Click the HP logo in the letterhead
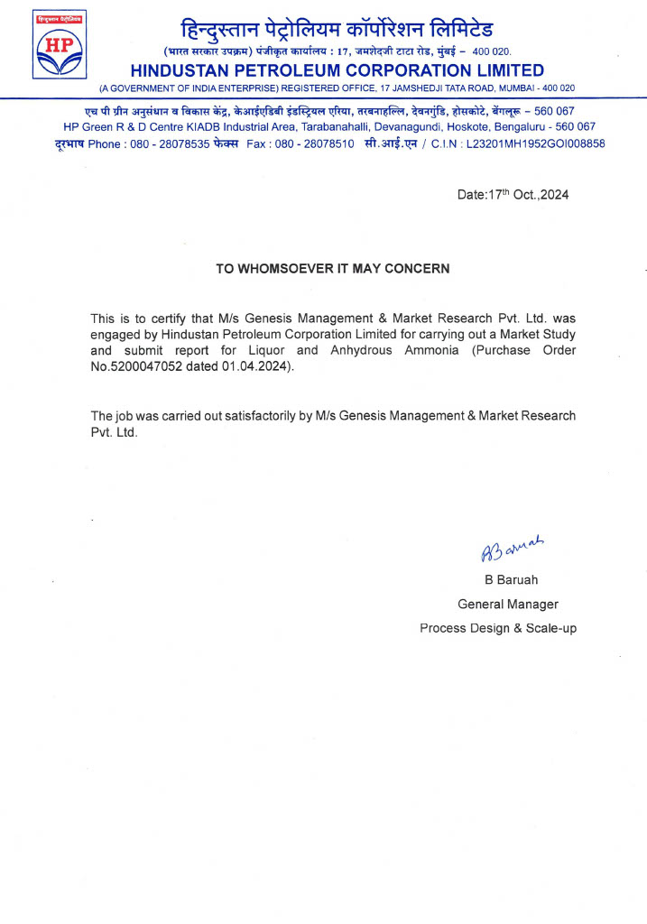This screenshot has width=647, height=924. (60, 45)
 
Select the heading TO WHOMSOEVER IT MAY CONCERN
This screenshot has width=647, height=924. (332, 269)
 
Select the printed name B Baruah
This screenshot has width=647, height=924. (511, 579)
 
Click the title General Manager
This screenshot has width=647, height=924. (508, 604)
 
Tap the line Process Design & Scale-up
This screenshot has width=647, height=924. (498, 628)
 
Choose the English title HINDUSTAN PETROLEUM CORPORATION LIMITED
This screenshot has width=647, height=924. (337, 70)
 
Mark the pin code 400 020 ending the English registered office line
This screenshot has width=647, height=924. (557, 88)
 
